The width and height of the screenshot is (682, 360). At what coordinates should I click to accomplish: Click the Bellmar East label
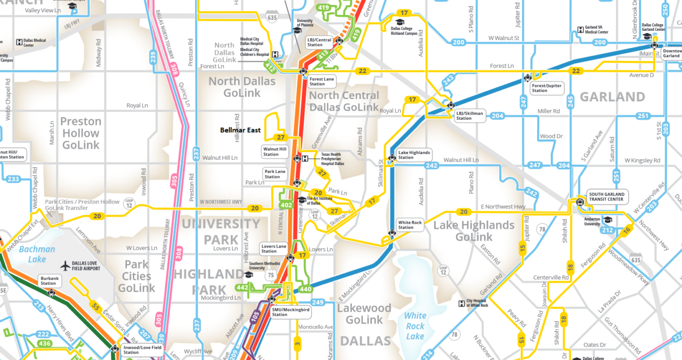click(240, 130)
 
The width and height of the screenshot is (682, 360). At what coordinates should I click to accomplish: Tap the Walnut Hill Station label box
click(275, 152)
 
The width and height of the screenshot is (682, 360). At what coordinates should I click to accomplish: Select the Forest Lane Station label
click(321, 81)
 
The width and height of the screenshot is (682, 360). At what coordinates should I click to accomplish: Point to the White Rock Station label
click(410, 225)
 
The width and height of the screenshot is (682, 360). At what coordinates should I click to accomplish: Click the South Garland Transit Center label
click(606, 197)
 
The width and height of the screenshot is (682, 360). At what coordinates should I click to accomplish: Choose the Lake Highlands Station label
click(414, 155)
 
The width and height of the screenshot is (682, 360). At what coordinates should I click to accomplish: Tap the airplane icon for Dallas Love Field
click(66, 265)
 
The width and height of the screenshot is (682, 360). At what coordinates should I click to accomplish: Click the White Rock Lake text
click(415, 326)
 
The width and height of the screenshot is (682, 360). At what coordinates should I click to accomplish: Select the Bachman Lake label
click(37, 254)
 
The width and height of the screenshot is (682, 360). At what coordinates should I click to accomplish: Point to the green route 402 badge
click(287, 205)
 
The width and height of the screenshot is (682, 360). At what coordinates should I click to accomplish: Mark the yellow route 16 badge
click(627, 230)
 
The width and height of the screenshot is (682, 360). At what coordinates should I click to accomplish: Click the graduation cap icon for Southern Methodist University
click(248, 275)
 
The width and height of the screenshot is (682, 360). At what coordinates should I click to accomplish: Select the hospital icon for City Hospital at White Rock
click(461, 304)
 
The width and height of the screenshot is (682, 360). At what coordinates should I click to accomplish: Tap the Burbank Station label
click(48, 281)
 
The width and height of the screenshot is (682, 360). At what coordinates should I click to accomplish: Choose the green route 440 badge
click(306, 289)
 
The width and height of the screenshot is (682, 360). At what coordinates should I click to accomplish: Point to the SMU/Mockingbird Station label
click(290, 312)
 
